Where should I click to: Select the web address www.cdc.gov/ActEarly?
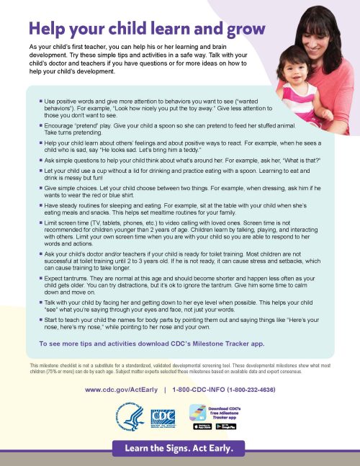pos(121,390)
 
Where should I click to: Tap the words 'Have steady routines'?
pos(73,206)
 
